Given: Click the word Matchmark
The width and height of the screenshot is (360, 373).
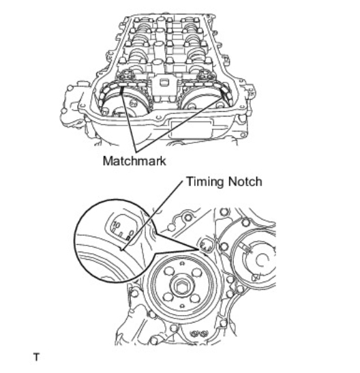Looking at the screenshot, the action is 134,161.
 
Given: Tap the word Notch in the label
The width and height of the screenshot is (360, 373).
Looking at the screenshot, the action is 245,181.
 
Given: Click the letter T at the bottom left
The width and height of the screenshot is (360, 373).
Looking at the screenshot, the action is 36,357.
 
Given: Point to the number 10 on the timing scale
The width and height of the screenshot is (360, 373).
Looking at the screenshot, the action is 117,224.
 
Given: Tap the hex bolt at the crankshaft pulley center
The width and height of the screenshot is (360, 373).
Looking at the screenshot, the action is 182,286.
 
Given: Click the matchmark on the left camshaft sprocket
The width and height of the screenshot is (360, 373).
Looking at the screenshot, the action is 121,89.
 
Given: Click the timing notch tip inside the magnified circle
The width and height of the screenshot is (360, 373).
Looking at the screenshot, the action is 123,250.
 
